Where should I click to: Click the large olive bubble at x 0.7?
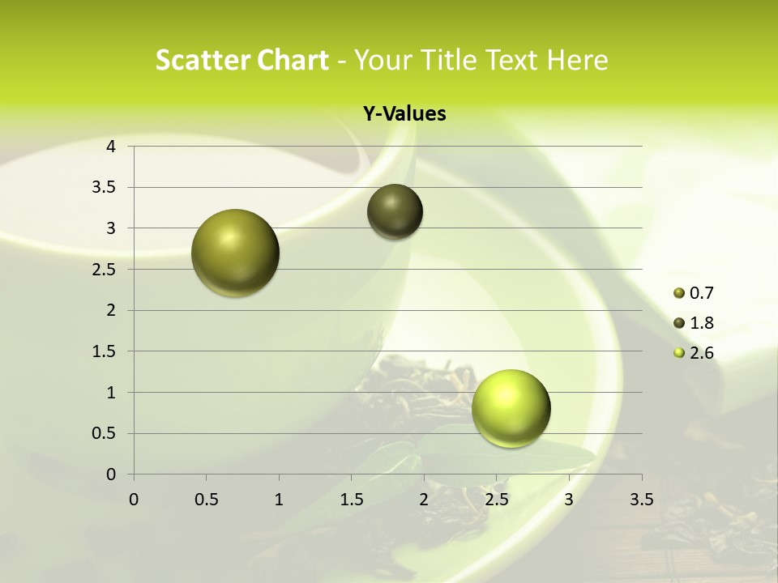click(x=236, y=253)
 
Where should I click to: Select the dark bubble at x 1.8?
click(x=395, y=211)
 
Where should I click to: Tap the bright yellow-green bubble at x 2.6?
click(x=511, y=408)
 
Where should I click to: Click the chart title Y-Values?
click(x=404, y=114)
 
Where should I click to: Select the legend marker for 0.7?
click(x=679, y=293)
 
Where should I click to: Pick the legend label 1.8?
click(x=701, y=323)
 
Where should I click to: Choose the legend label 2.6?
click(x=701, y=353)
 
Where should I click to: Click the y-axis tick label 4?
click(x=112, y=147)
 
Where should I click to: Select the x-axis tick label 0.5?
click(x=206, y=499)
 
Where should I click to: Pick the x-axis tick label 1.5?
click(x=351, y=499)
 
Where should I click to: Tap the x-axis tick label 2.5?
click(x=496, y=499)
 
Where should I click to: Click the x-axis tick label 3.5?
click(x=641, y=499)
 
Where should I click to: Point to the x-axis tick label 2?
click(x=424, y=499)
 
